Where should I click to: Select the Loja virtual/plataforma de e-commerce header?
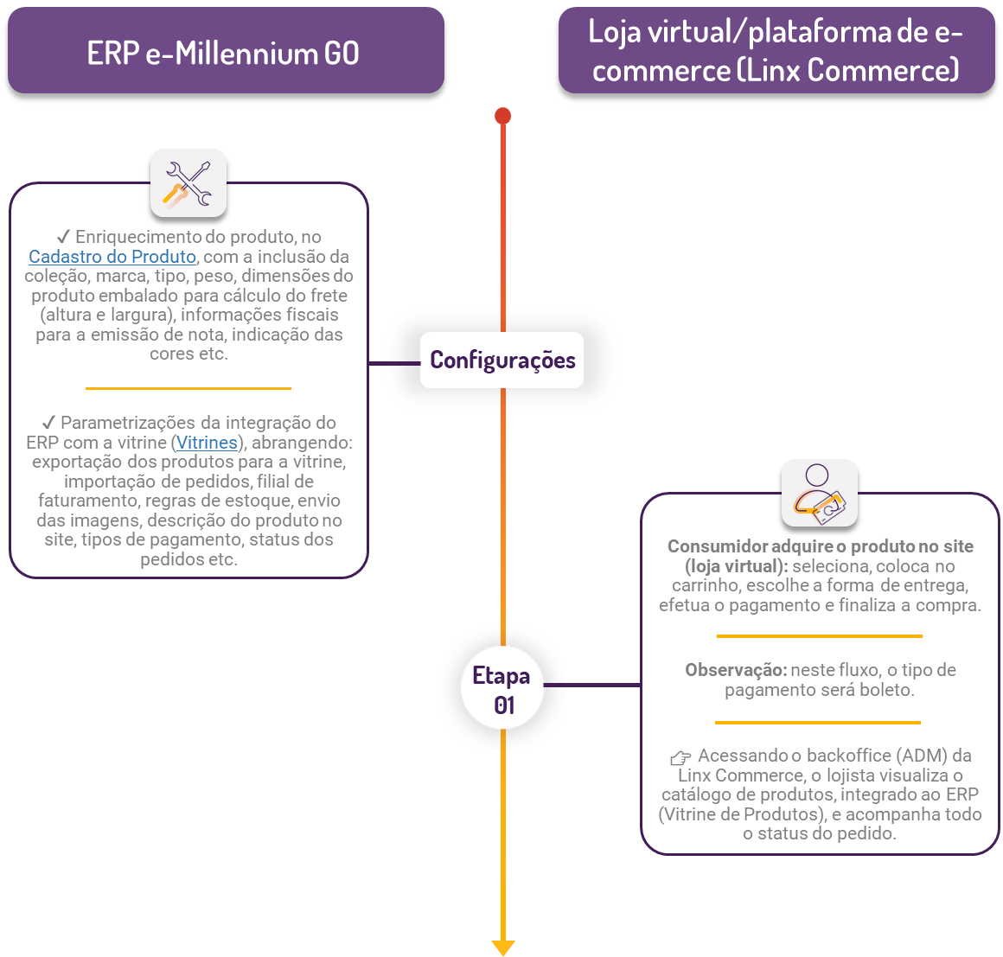776,50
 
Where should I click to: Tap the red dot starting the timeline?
502,116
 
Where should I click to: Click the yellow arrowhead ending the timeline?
502,947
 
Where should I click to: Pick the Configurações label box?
502,360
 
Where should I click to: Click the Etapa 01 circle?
502,690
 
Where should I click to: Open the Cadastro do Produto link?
112,257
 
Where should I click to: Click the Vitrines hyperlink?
207,443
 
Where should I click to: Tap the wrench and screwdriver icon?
188,182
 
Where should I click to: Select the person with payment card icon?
819,493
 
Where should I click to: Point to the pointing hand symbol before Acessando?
680,758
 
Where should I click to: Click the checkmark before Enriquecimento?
62,237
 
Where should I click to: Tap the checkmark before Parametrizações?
48,423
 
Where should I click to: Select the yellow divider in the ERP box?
188,388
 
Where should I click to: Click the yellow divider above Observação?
819,636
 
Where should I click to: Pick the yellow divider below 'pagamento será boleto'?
817,722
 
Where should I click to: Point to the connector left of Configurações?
394,363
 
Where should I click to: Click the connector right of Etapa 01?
593,686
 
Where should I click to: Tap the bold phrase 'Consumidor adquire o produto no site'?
820,546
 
